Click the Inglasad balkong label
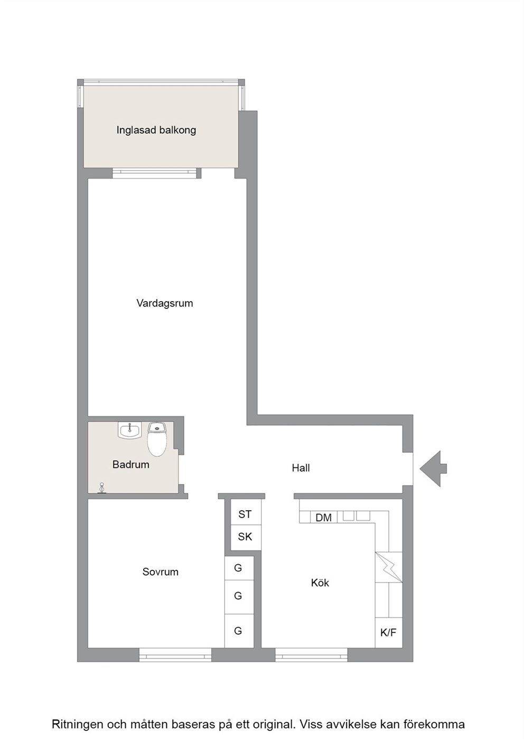(x=156, y=130)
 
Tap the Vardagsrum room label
(x=165, y=303)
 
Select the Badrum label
(x=130, y=465)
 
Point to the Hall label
(x=301, y=468)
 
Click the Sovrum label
(x=161, y=572)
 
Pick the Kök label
(x=320, y=583)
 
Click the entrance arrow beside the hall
(x=433, y=468)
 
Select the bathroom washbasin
(x=129, y=430)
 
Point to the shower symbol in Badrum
(x=102, y=488)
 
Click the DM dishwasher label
(x=323, y=518)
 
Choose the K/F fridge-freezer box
(x=389, y=633)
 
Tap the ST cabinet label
(x=245, y=514)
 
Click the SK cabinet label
(x=245, y=537)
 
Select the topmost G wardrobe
(x=239, y=568)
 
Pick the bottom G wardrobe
(x=239, y=631)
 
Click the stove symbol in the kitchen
(x=389, y=567)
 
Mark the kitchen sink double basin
(x=356, y=515)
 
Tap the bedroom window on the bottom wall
(x=175, y=655)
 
